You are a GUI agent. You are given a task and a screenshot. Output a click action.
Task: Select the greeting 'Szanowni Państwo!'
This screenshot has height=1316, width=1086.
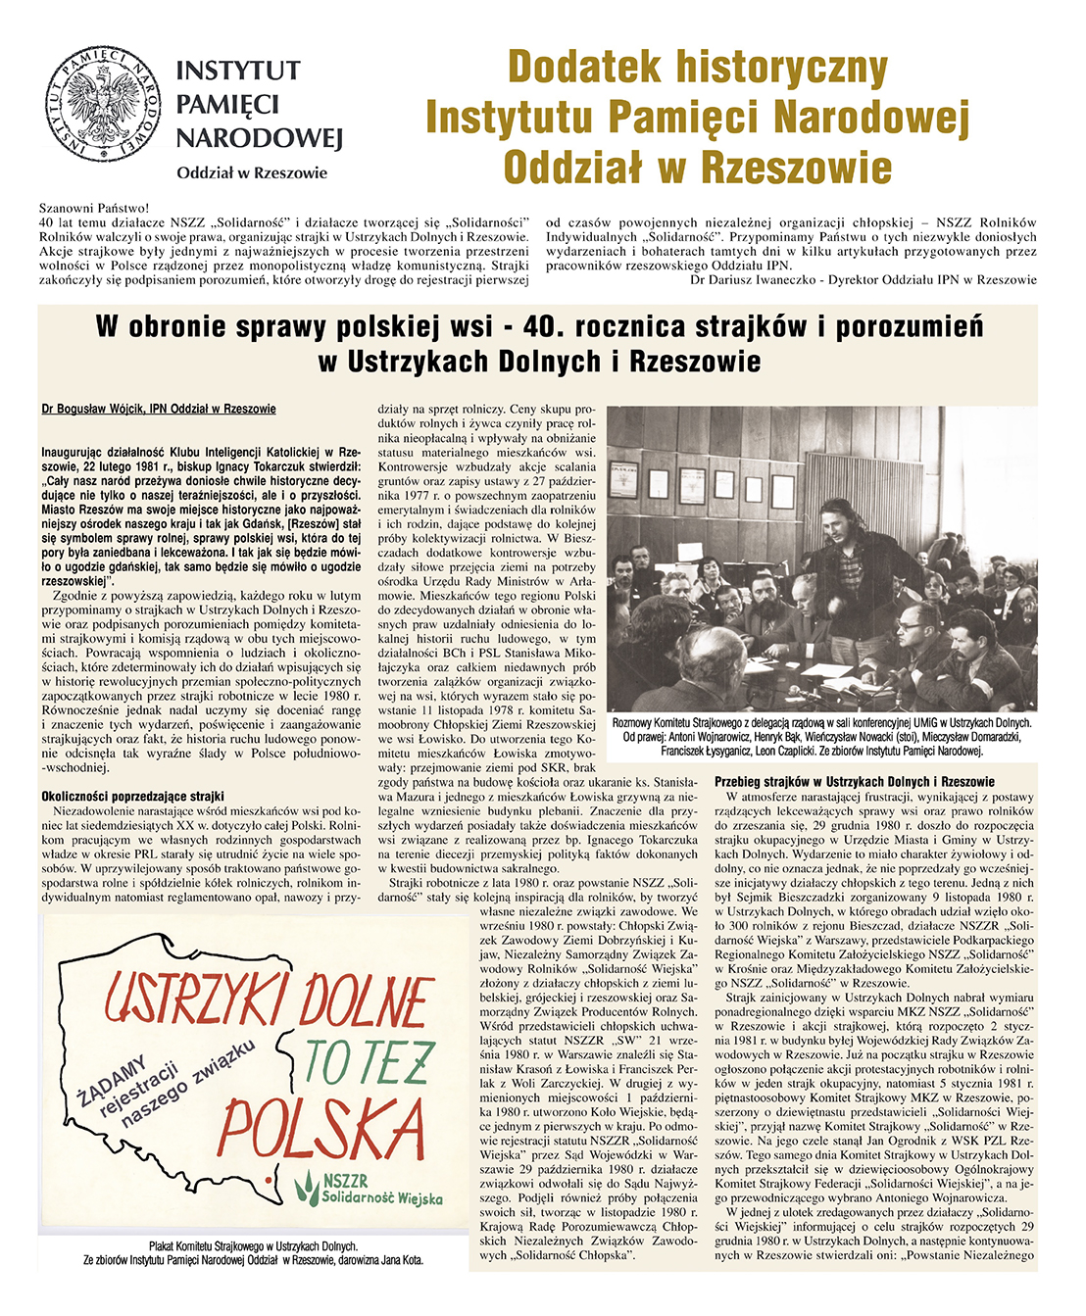tap(94, 208)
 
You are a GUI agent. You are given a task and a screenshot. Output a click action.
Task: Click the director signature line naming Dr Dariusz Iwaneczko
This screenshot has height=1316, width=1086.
tap(863, 279)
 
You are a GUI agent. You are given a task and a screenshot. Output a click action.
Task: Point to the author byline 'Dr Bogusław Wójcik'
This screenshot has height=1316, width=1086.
tap(159, 409)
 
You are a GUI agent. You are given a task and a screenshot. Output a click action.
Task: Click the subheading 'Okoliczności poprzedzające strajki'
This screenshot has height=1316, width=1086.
tap(132, 797)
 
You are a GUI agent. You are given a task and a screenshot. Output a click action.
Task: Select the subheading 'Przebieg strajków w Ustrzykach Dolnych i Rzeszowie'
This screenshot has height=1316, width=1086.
tap(855, 782)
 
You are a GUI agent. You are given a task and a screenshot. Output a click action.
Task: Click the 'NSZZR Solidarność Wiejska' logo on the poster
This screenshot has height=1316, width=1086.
tap(370, 1190)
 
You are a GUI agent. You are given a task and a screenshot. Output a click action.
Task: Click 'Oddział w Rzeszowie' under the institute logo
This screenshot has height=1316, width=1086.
tap(252, 173)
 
